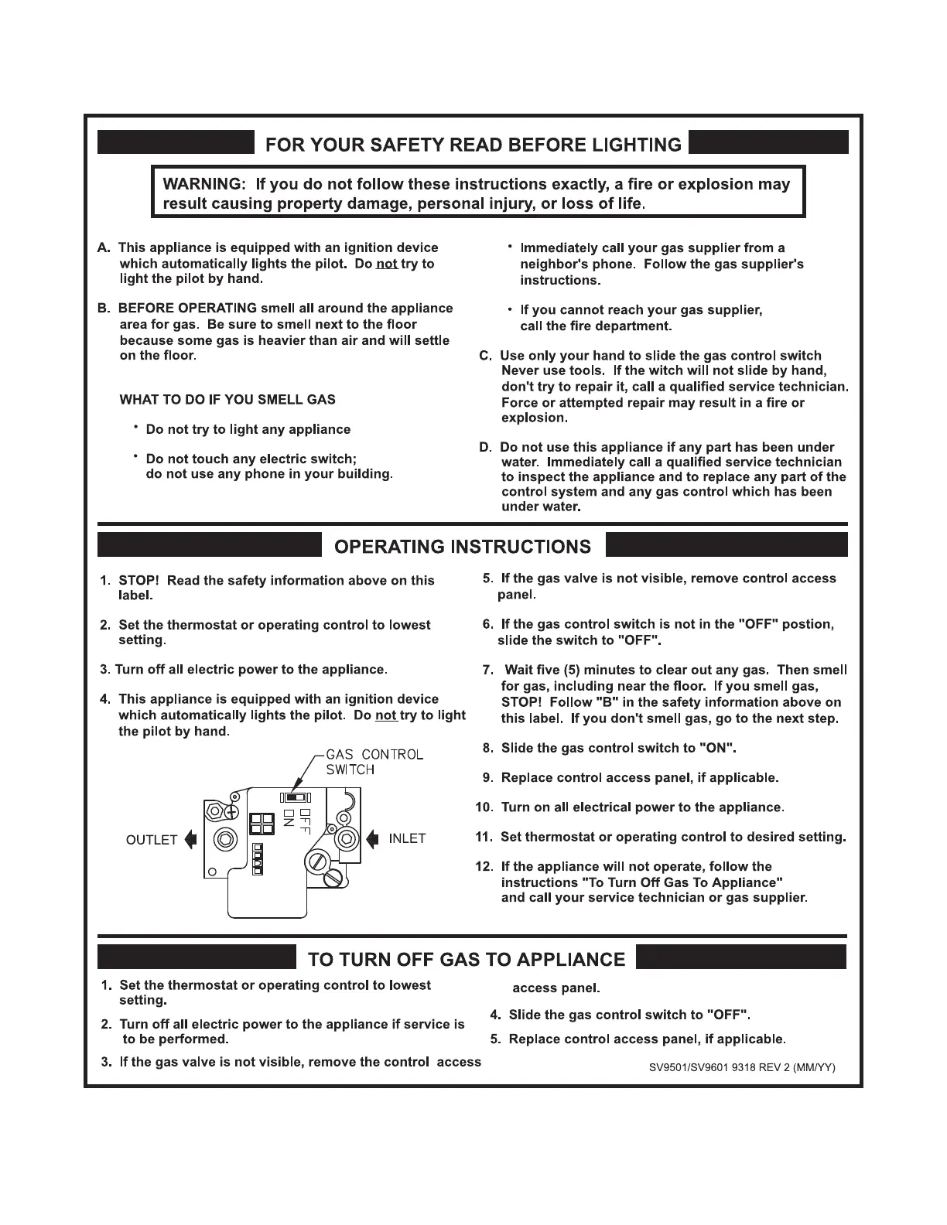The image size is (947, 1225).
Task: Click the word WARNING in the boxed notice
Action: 201,184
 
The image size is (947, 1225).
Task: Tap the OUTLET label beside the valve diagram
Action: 152,840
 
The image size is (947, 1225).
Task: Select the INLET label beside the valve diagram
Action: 407,838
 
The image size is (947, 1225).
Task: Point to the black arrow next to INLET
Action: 373,838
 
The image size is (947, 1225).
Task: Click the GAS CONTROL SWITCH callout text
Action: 374,762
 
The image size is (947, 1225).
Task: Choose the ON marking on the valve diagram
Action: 289,818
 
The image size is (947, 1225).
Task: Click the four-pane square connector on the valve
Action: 262,824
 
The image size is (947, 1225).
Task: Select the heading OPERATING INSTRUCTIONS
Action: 462,547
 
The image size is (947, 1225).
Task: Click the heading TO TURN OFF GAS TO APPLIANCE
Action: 467,960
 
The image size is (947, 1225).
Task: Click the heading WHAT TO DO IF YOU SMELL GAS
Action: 227,400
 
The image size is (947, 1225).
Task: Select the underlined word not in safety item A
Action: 386,264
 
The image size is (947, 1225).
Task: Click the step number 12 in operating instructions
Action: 484,867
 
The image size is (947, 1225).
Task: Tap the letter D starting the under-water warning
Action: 485,448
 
